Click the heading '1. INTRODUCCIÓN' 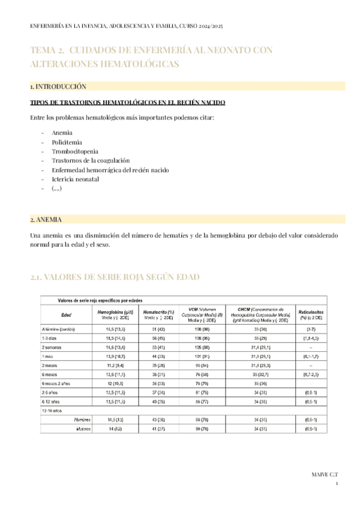(x=58, y=86)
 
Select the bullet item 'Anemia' (x=62, y=132)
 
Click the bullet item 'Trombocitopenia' (x=75, y=151)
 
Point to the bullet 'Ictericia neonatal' (x=75, y=179)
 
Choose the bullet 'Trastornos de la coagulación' (x=90, y=160)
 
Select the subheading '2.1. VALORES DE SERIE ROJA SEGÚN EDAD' (x=115, y=277)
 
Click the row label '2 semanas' (x=52, y=348)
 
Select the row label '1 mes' (x=48, y=357)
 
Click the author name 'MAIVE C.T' (x=325, y=474)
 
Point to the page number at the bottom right (x=337, y=484)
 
